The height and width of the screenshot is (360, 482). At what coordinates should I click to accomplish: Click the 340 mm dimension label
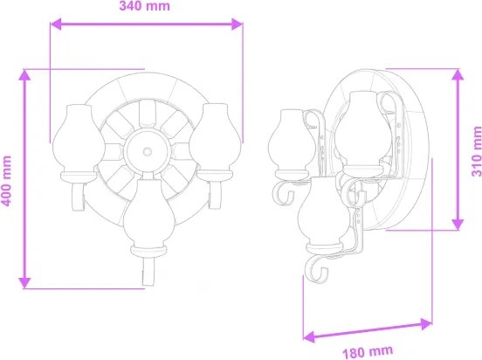(144, 8)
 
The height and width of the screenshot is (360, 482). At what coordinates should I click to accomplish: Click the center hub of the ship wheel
(146, 151)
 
